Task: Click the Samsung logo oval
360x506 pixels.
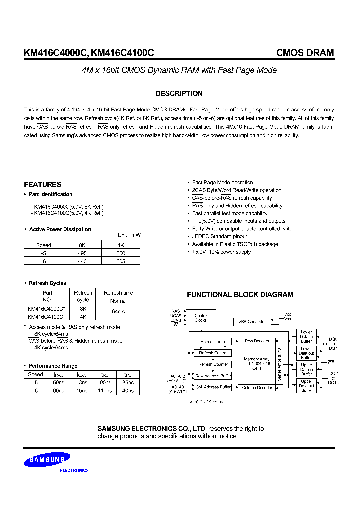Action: pos(47,459)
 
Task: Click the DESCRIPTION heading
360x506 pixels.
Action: pos(179,93)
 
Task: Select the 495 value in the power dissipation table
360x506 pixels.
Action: pos(82,253)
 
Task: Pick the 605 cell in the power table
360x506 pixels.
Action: pos(120,261)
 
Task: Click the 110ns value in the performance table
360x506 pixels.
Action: pos(105,390)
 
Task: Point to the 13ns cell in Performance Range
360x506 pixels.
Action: pos(82,383)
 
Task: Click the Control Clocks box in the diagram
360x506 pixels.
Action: pos(201,318)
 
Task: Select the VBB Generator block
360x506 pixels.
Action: pos(252,322)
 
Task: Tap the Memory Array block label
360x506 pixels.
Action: pos(257,363)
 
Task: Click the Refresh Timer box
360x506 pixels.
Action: pos(213,342)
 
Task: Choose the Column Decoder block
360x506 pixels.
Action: pos(257,387)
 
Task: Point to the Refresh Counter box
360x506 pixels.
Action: pos(213,364)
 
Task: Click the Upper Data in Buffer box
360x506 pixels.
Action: pos(306,370)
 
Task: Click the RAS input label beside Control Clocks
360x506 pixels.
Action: pos(175,311)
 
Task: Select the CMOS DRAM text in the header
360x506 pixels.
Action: pos(305,53)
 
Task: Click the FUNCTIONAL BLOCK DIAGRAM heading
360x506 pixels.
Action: pos(240,295)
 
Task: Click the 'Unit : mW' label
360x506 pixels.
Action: pos(129,235)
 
